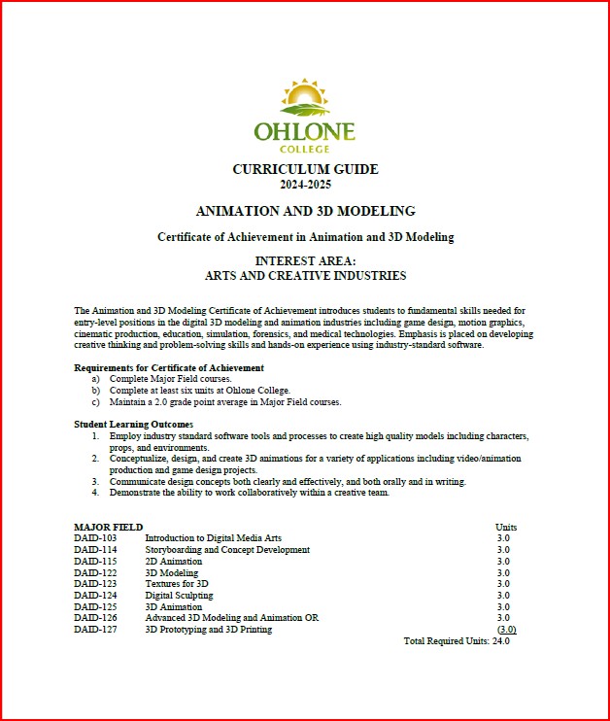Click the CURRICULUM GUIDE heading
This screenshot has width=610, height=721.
(x=305, y=169)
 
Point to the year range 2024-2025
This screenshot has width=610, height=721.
(x=305, y=184)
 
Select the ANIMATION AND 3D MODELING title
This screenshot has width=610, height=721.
(x=305, y=211)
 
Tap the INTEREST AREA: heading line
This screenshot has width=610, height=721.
(x=305, y=261)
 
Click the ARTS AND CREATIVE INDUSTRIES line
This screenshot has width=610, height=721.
(x=305, y=276)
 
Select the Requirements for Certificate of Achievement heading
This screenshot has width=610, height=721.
(x=169, y=367)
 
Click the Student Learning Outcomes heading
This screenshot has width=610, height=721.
(x=133, y=424)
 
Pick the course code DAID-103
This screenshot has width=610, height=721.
(x=95, y=537)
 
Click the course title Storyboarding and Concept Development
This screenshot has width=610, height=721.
(x=227, y=550)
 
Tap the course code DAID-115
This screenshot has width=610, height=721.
(x=95, y=561)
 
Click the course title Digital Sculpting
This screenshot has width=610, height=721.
(x=179, y=595)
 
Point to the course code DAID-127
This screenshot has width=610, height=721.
(x=95, y=630)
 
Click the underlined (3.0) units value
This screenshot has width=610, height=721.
(x=506, y=630)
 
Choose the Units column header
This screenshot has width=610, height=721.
(x=506, y=527)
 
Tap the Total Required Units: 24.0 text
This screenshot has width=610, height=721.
(x=457, y=641)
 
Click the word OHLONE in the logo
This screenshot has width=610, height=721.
(x=305, y=131)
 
